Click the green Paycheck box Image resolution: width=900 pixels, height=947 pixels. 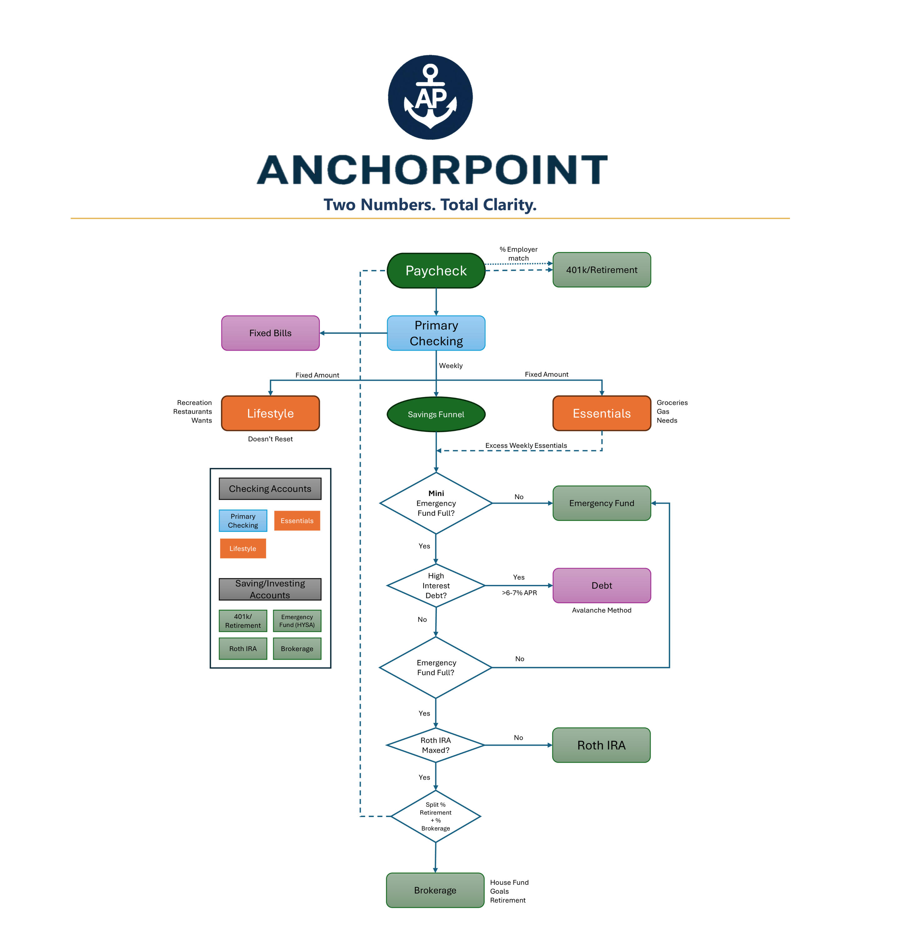click(436, 270)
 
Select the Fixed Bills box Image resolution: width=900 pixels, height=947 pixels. click(270, 333)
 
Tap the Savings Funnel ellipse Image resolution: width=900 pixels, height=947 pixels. click(436, 414)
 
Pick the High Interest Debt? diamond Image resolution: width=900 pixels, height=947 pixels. click(436, 585)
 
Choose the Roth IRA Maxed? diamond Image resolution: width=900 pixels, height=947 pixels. click(435, 745)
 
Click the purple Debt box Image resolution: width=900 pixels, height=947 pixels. click(602, 585)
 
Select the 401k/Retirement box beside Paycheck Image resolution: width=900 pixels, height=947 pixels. click(602, 270)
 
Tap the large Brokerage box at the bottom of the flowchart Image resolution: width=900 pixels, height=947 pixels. click(435, 890)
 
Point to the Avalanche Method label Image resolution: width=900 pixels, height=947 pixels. click(602, 610)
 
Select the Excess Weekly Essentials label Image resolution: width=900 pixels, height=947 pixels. click(526, 445)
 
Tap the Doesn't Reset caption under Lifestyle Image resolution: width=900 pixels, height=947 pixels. click(270, 439)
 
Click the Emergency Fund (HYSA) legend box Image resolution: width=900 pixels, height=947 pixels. click(297, 621)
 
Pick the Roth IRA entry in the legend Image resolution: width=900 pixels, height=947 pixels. click(243, 649)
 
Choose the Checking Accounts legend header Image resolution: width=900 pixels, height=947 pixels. click(270, 488)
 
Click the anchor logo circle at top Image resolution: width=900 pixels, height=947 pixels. click(430, 97)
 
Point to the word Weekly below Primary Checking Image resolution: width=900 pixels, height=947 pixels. click(451, 366)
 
